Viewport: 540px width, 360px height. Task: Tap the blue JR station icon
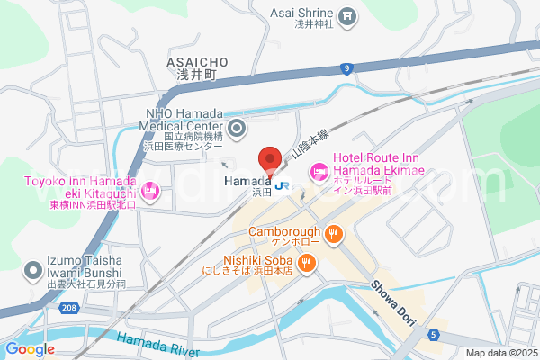[283, 186]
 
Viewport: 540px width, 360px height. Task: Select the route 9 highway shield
[346, 67]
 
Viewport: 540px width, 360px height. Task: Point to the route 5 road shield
[434, 336]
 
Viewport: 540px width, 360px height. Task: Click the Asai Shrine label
[302, 13]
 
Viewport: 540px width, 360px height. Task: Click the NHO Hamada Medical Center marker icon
[237, 129]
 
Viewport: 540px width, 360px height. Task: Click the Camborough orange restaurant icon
[334, 235]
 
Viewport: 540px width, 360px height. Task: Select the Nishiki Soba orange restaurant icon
[307, 262]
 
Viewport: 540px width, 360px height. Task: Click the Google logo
[30, 349]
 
